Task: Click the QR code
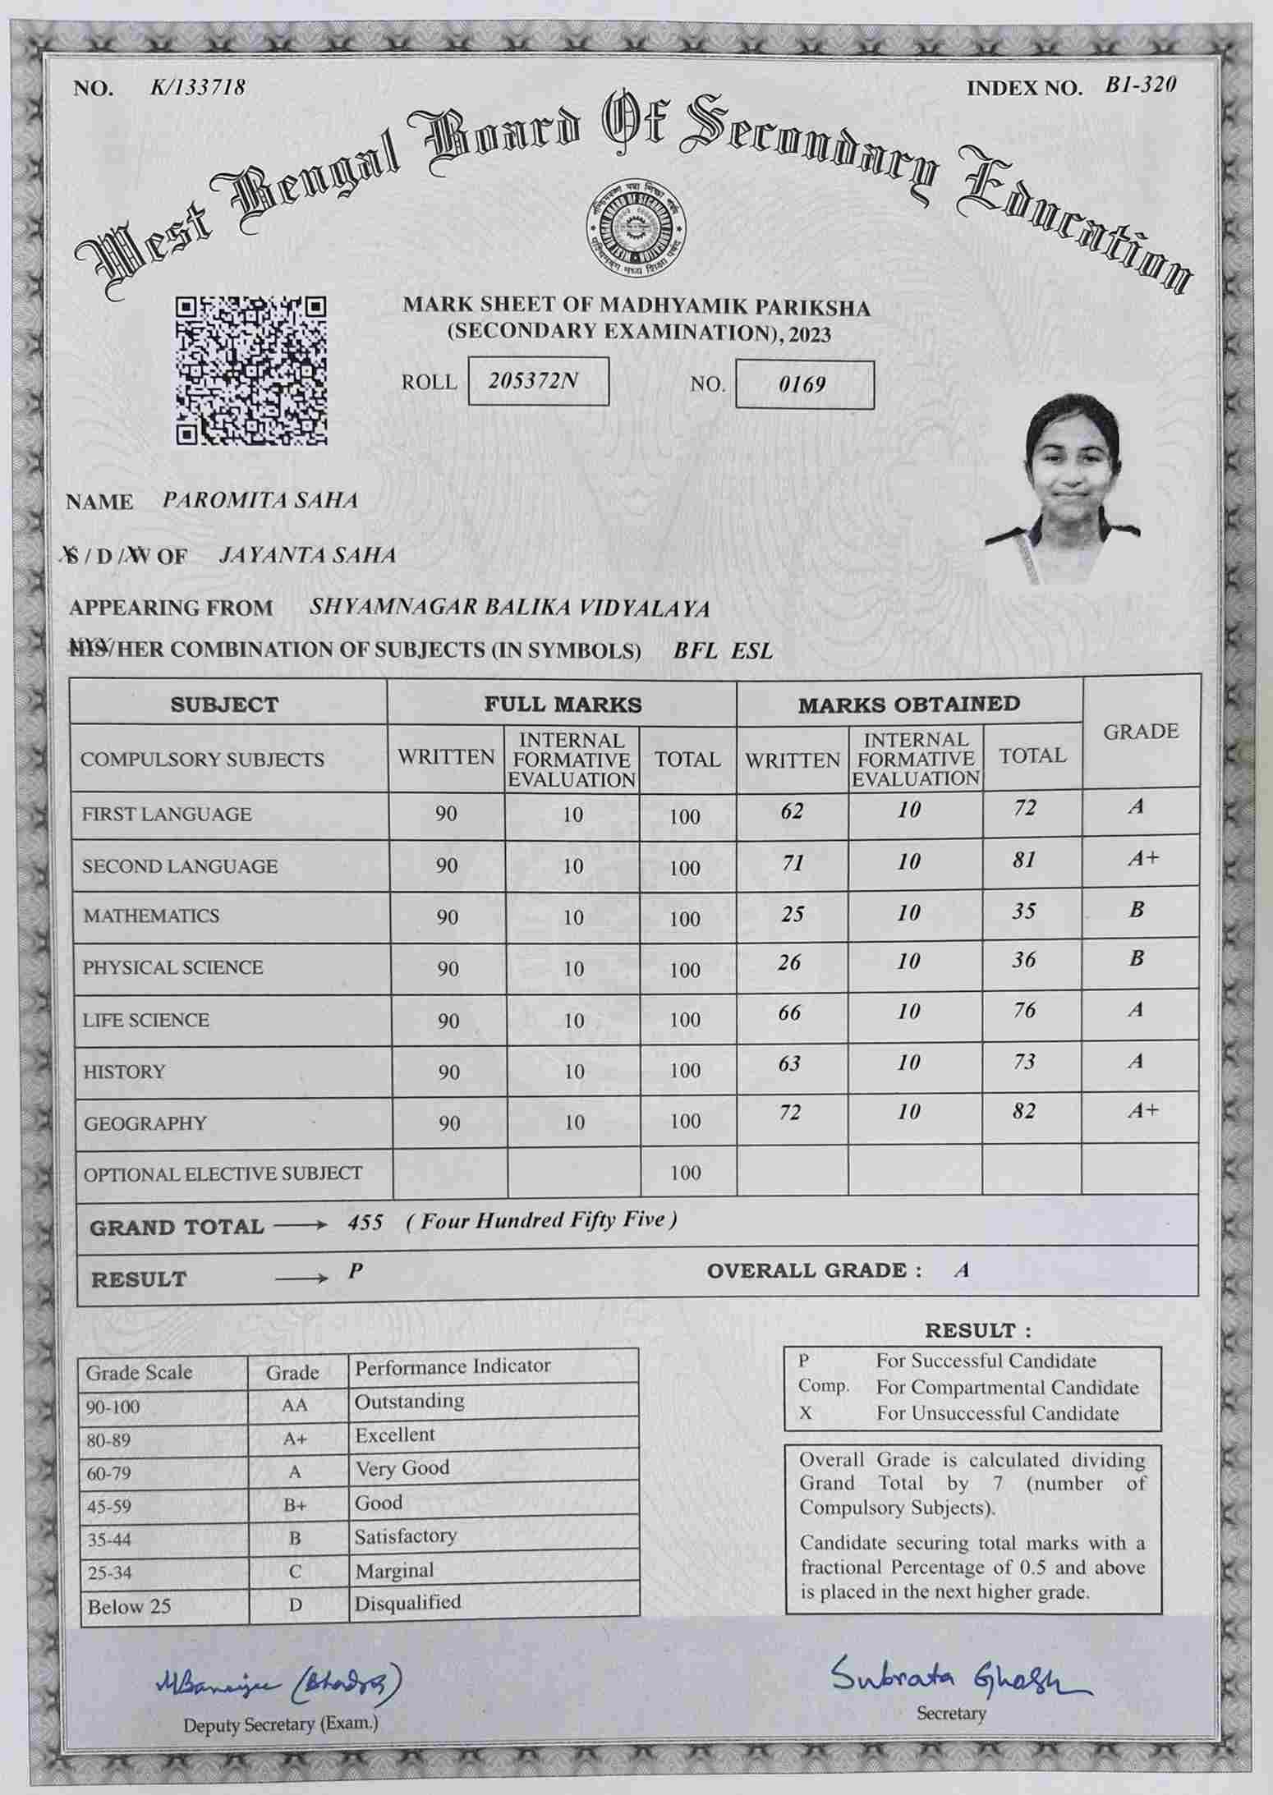coord(252,370)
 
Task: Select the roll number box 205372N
coord(538,381)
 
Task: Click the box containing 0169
coord(804,384)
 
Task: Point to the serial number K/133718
coord(198,87)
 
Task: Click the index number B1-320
coord(1140,85)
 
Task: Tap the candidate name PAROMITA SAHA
coord(260,500)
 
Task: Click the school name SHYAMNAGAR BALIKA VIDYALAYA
coord(509,608)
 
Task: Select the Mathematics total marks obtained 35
coord(1023,911)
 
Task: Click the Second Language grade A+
coord(1142,859)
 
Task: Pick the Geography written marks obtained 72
coord(789,1113)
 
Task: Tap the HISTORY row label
coord(124,1072)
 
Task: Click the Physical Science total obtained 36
coord(1023,960)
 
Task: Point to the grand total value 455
coord(365,1223)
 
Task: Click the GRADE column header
coord(1141,732)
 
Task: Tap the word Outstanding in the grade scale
coord(409,1401)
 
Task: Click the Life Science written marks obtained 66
coord(789,1012)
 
